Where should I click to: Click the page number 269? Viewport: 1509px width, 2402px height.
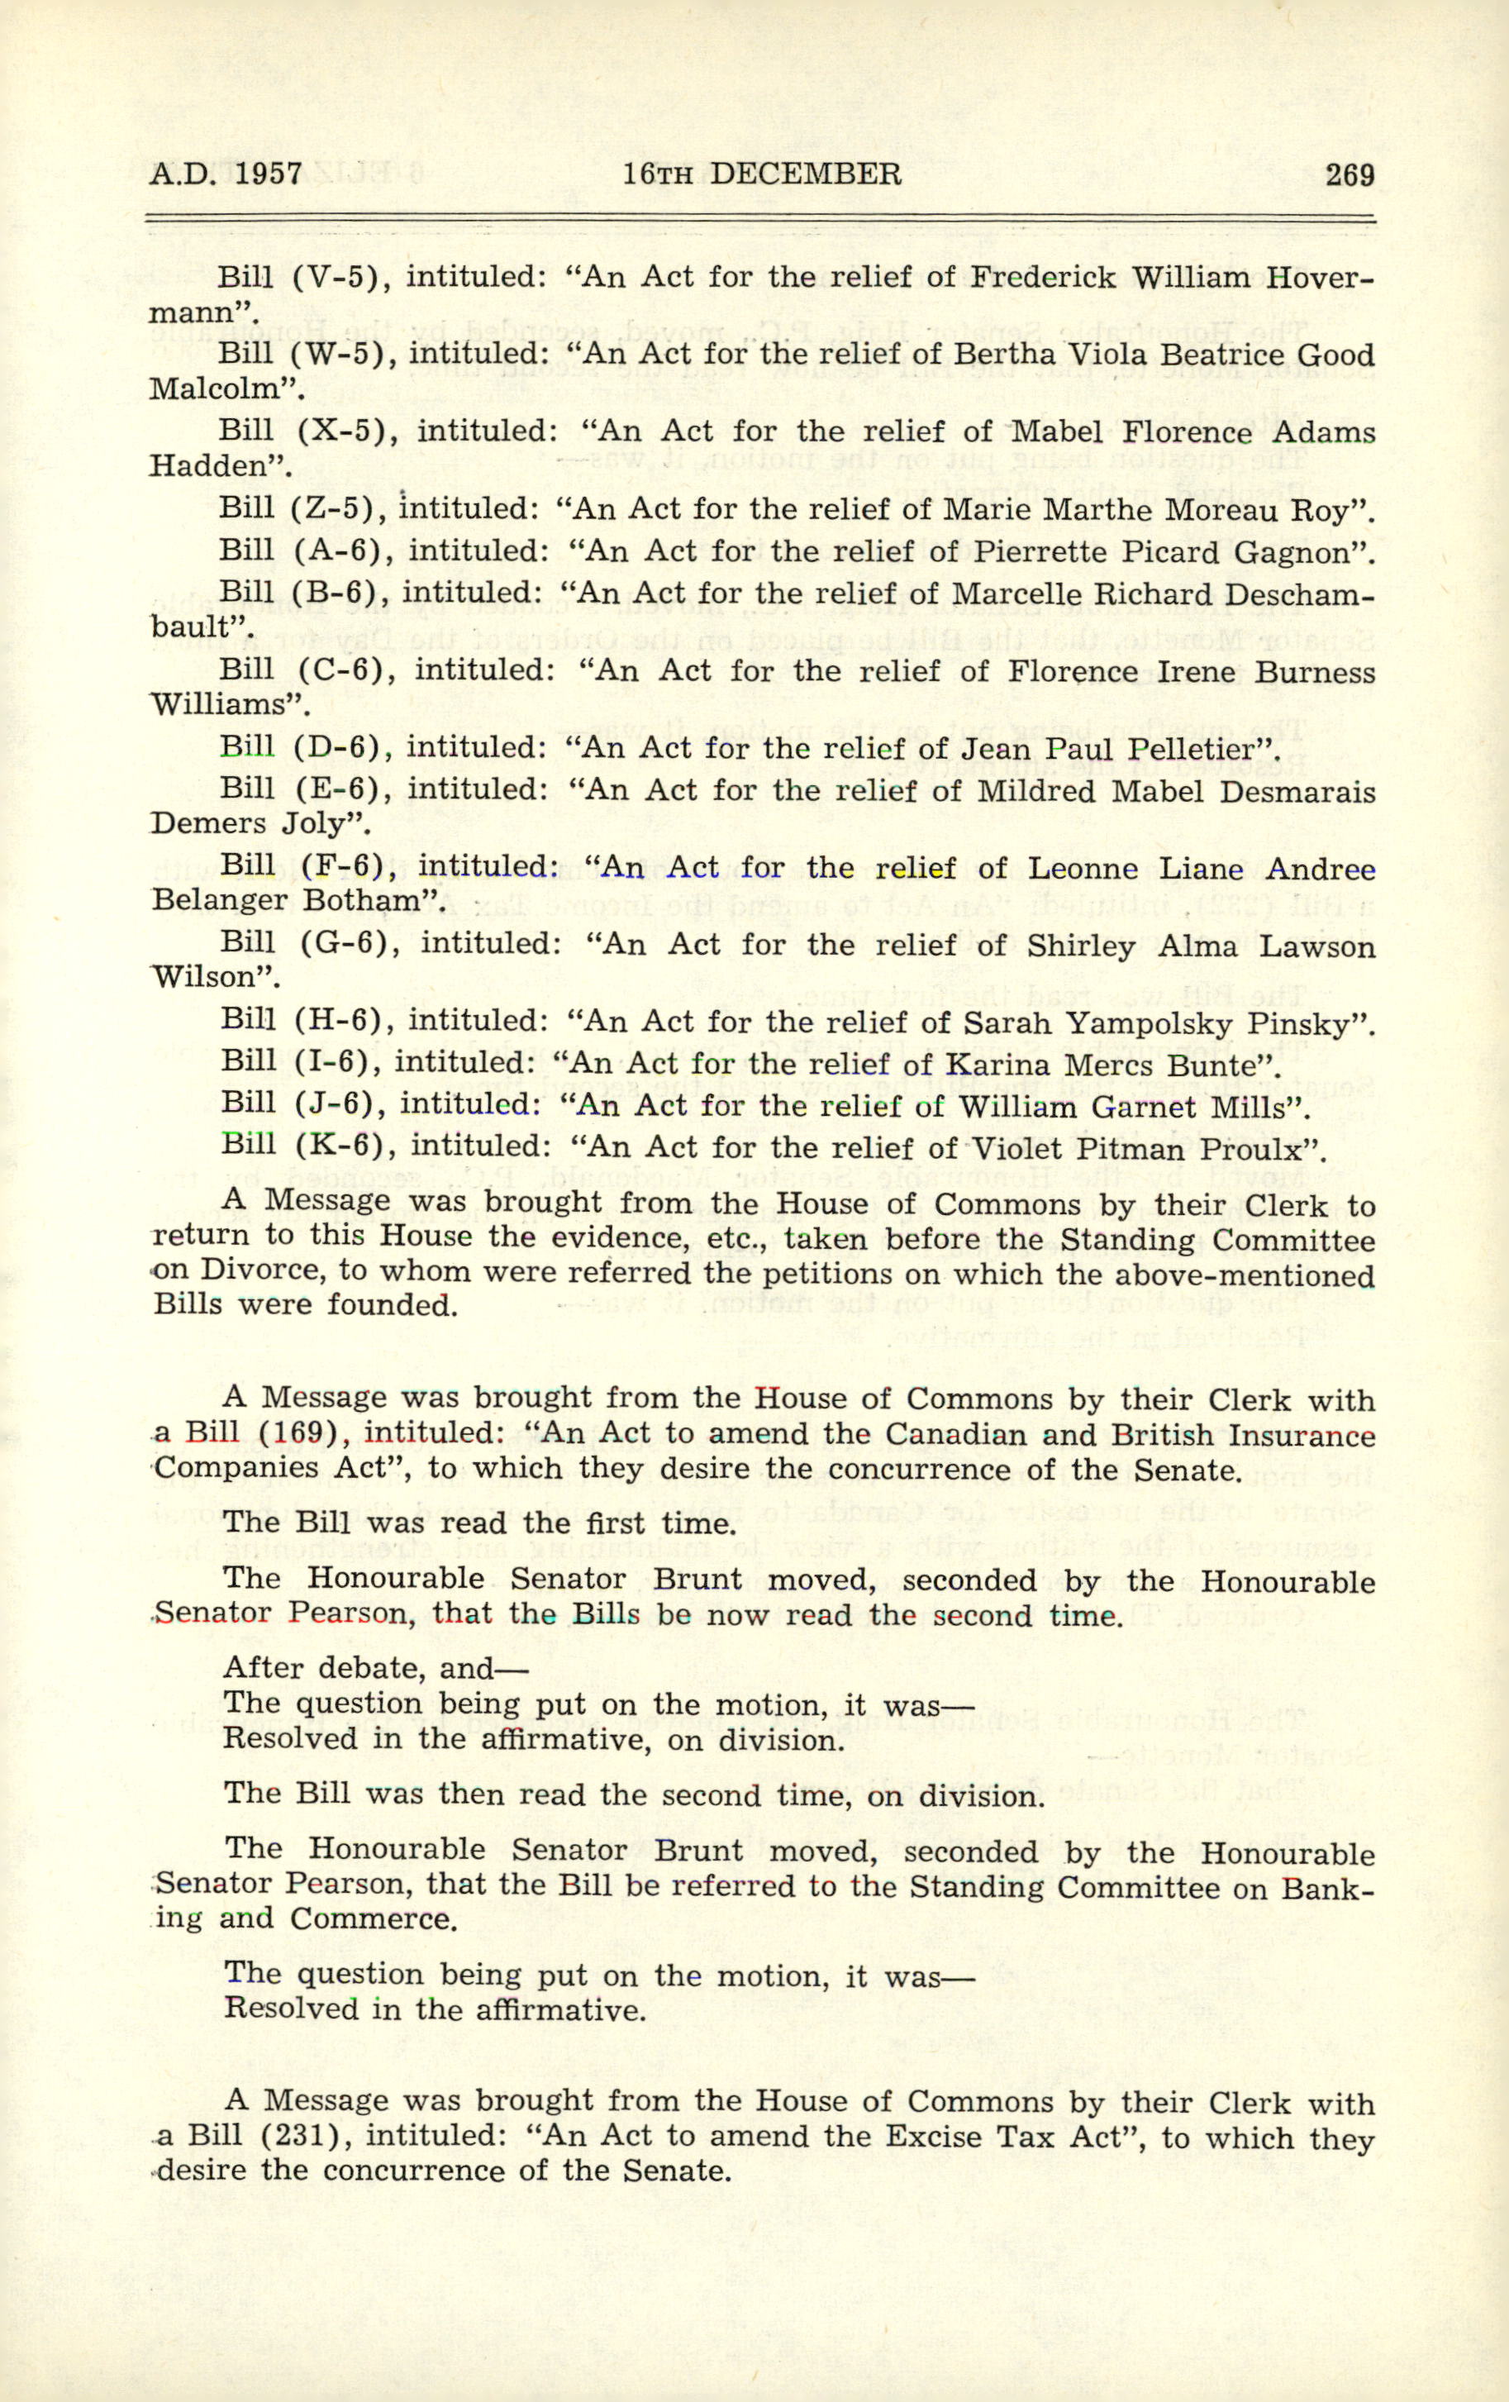coord(1350,175)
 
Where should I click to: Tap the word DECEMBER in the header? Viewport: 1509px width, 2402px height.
coord(805,175)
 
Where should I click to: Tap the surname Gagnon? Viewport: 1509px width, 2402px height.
coord(1292,551)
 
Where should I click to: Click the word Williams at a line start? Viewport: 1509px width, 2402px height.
coord(222,706)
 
